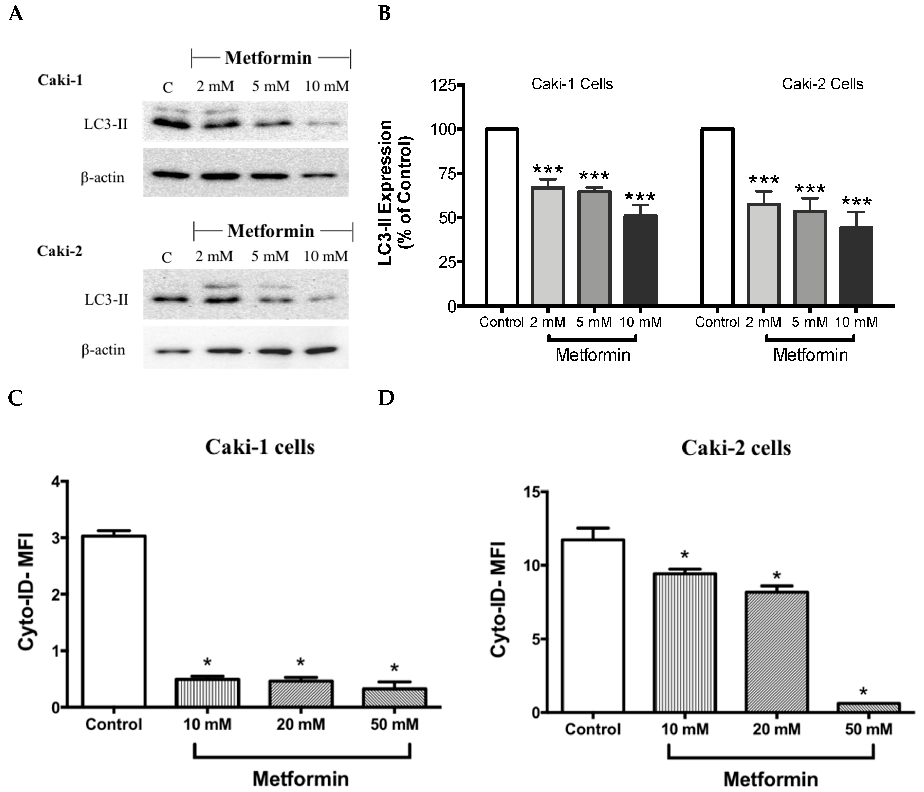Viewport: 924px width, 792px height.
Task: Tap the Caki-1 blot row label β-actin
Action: point(103,178)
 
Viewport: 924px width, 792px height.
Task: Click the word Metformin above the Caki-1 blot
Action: point(268,58)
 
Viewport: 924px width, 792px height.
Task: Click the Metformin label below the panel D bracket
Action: point(771,779)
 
